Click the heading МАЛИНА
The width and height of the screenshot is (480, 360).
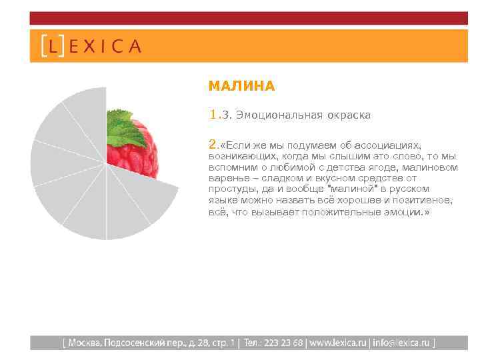click(x=241, y=86)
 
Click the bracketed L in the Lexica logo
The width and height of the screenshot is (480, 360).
click(x=53, y=46)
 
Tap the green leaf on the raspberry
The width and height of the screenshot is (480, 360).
click(x=127, y=127)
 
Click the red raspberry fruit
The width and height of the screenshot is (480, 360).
click(x=143, y=157)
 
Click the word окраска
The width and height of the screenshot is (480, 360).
click(x=348, y=115)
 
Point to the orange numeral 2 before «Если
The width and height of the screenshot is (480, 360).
click(x=213, y=144)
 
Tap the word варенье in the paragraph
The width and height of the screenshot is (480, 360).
click(x=227, y=178)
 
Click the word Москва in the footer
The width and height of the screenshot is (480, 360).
click(x=84, y=343)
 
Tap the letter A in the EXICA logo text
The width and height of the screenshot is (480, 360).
click(x=134, y=46)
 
